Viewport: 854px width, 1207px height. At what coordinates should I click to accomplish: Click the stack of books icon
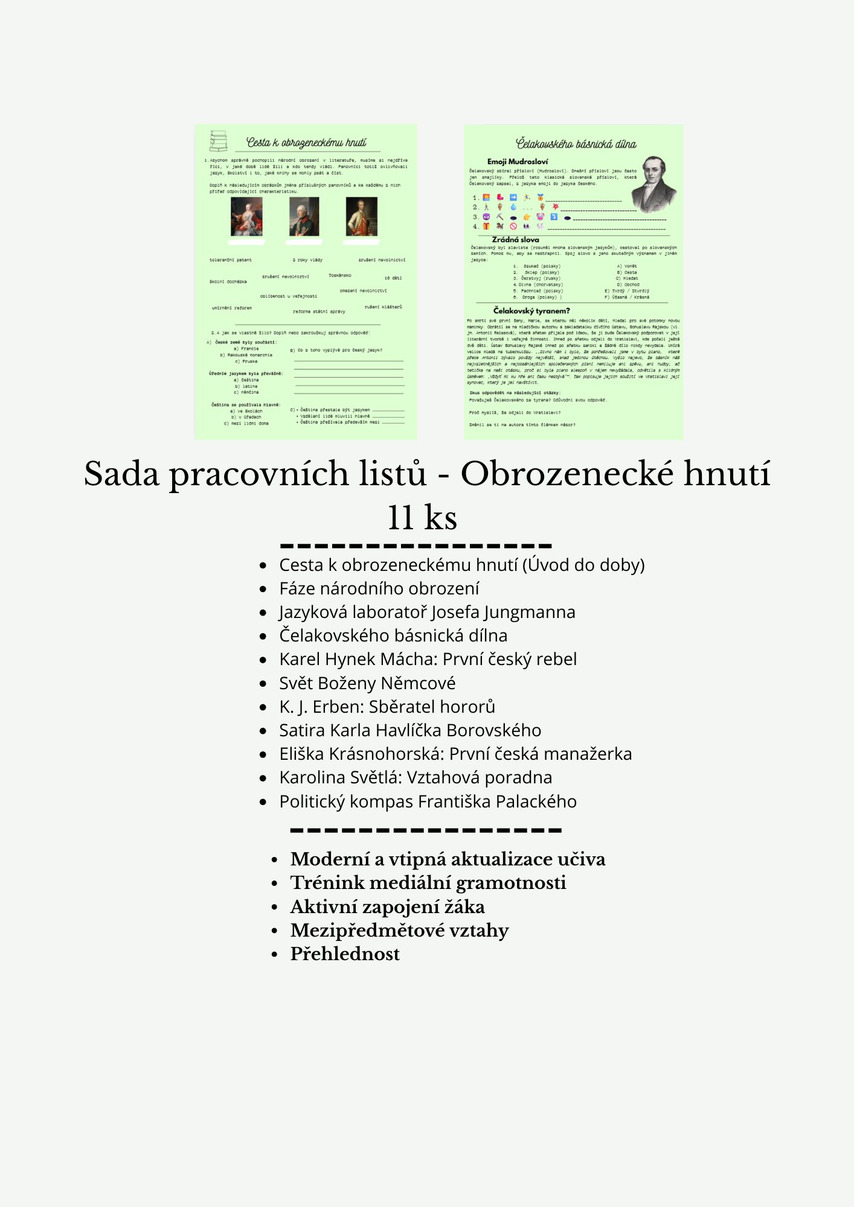click(x=218, y=141)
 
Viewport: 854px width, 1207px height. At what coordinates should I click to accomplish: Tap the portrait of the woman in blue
click(x=246, y=217)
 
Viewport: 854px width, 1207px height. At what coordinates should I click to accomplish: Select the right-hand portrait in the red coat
click(x=361, y=217)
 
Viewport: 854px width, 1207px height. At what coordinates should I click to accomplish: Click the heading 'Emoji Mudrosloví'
click(x=518, y=162)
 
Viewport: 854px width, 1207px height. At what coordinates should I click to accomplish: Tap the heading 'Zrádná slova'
click(x=515, y=240)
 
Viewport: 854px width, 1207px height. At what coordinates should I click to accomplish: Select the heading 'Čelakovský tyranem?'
click(x=531, y=311)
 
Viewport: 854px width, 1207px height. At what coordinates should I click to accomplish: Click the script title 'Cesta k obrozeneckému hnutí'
click(x=306, y=142)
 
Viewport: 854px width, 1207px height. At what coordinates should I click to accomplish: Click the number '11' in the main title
click(x=400, y=517)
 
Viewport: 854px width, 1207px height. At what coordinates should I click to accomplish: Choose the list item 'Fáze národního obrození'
click(x=379, y=588)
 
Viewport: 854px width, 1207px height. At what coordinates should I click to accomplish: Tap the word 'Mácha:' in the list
click(x=408, y=659)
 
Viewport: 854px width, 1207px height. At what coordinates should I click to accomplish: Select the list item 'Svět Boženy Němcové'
click(x=367, y=683)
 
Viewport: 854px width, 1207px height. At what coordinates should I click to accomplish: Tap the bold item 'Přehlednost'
click(x=345, y=954)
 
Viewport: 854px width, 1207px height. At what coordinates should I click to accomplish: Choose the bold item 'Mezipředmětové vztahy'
click(x=399, y=931)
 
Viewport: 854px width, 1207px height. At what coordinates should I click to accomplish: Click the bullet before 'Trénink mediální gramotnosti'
click(x=275, y=884)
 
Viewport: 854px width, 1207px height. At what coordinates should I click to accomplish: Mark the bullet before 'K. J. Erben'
click(x=263, y=707)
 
